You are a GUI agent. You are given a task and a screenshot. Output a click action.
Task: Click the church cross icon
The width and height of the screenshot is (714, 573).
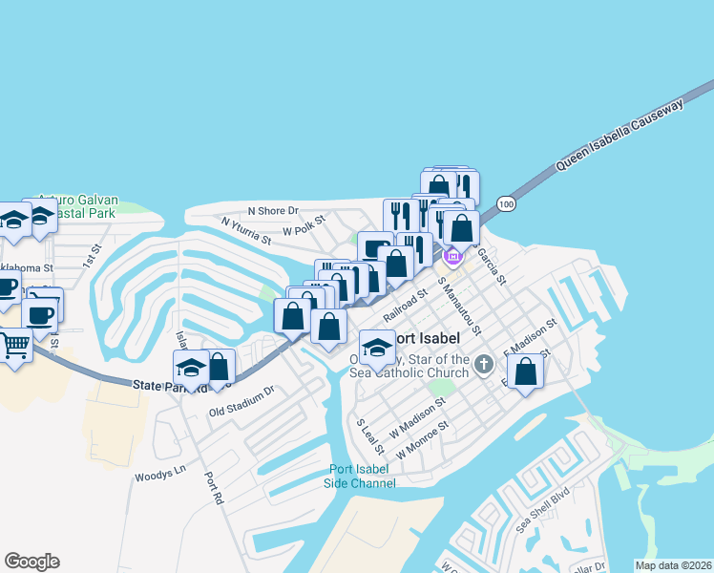pos(484,362)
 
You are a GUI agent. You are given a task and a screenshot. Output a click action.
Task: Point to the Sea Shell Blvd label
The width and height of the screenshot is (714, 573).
pos(542,514)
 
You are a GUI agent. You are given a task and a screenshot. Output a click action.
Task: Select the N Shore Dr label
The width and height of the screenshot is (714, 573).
pos(273,210)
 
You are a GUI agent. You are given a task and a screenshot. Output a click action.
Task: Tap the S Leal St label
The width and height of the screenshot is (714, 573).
pos(369,435)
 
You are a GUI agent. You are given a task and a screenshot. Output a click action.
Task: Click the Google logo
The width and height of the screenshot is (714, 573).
pos(31,562)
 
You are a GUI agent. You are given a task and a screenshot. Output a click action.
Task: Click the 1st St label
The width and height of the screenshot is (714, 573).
pos(92,254)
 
